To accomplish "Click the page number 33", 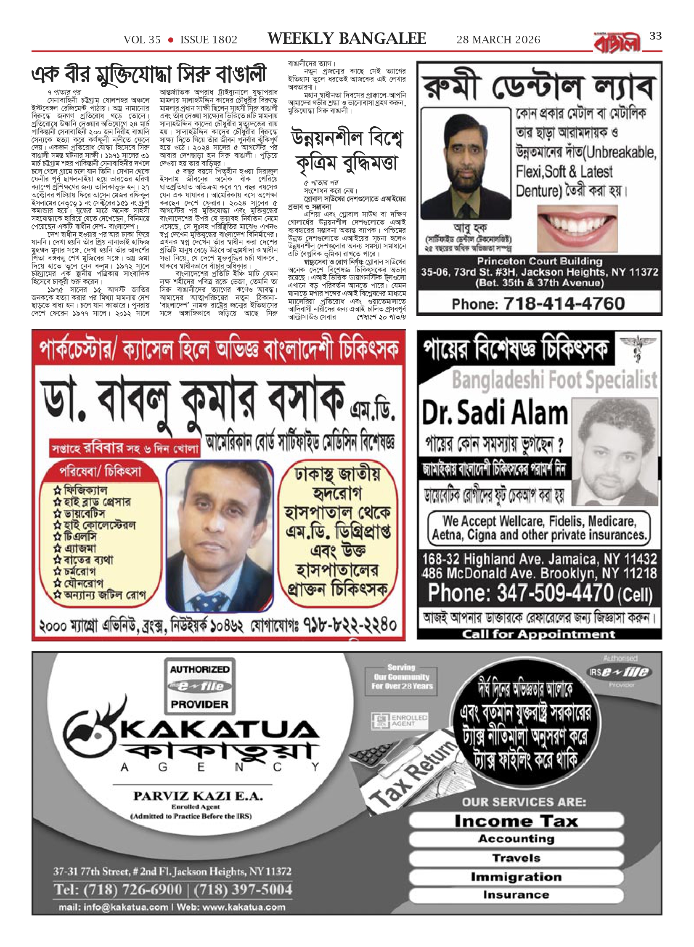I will tap(656, 37).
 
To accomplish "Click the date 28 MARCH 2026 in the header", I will tap(498, 40).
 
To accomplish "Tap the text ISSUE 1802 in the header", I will tap(209, 40).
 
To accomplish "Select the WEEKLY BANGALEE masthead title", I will tap(347, 39).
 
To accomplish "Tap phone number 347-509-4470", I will tap(555, 593).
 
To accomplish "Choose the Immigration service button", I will tap(516, 877).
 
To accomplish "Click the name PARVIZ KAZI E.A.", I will tap(198, 795).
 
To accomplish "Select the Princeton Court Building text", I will tap(539, 261).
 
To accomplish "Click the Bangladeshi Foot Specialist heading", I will tap(554, 380).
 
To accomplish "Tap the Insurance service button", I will tap(516, 895).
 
